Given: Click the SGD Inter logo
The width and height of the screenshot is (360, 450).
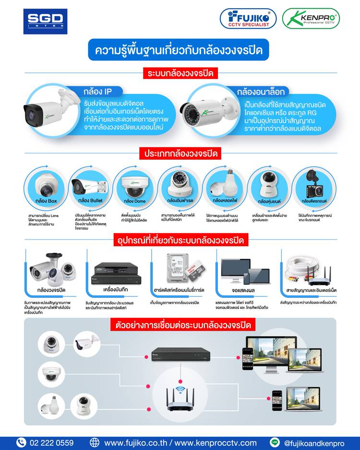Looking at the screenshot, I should point(45,21).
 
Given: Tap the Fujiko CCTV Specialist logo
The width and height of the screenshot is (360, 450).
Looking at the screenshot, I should point(248,19).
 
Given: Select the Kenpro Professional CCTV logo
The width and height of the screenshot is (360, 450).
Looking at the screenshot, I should point(311,19).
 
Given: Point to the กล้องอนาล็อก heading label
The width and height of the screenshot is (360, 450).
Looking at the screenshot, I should point(261,91).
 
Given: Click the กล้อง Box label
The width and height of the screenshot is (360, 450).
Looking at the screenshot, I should point(46,201).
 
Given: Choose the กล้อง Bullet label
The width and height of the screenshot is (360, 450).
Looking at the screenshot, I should point(90,201).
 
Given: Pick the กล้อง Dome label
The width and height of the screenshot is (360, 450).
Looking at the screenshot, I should point(134,201).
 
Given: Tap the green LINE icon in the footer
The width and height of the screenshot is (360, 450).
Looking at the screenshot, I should point(275,442).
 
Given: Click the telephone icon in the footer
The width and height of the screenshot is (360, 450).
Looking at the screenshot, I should point(21,442).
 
